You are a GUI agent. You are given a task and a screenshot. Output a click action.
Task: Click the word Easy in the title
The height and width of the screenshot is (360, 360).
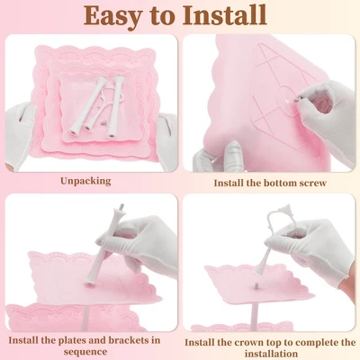[112, 15]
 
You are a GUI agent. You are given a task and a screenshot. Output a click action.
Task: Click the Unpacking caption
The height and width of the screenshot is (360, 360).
[85, 182]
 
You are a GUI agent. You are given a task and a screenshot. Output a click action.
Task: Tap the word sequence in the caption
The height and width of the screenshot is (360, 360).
[85, 352]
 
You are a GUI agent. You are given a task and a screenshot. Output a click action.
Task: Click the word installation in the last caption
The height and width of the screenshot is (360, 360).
[271, 354]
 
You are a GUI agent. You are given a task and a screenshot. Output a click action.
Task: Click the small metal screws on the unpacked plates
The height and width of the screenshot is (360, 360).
[103, 123]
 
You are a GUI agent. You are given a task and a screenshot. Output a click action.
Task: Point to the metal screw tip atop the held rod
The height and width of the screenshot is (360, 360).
[121, 207]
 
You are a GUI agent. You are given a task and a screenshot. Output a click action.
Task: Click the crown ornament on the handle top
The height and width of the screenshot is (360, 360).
[286, 209]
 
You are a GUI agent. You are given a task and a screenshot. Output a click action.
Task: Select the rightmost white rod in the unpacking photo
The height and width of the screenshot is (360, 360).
[115, 107]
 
